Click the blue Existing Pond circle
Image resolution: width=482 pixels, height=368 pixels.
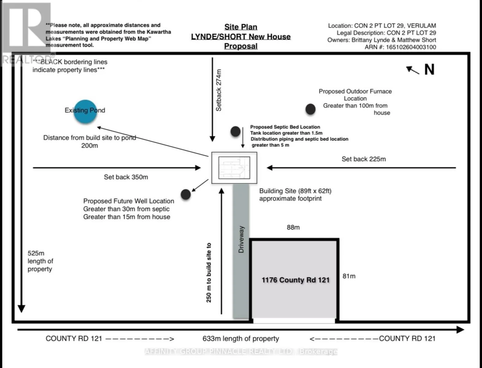(85, 112)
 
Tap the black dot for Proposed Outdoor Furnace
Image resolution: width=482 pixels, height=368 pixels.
(310, 109)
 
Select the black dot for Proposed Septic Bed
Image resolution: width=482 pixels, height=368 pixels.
(235, 131)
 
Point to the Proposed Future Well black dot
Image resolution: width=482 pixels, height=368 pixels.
(186, 194)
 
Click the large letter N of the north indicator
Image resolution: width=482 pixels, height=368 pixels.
(430, 70)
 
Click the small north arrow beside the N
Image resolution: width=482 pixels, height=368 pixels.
(413, 70)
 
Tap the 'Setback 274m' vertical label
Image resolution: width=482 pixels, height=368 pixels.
(218, 90)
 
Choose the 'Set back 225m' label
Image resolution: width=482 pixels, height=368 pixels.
(364, 159)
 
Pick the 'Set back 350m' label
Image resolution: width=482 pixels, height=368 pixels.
(126, 177)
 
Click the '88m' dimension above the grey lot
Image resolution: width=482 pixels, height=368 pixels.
(293, 227)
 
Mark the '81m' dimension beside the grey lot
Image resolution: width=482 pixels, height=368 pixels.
(349, 276)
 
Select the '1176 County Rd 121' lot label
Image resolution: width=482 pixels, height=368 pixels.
(295, 280)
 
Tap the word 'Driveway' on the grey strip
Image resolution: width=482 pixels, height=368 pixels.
(241, 239)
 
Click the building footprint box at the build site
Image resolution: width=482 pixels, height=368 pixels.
(234, 168)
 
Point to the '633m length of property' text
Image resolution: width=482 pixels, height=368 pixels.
(241, 339)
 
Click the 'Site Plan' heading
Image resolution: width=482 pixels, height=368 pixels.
(241, 27)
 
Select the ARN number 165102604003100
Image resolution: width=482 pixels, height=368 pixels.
(411, 47)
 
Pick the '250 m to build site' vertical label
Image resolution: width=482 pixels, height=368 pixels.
(209, 272)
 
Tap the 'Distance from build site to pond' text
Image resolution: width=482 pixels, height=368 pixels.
(90, 138)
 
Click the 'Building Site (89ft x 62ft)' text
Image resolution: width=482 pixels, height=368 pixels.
(295, 191)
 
